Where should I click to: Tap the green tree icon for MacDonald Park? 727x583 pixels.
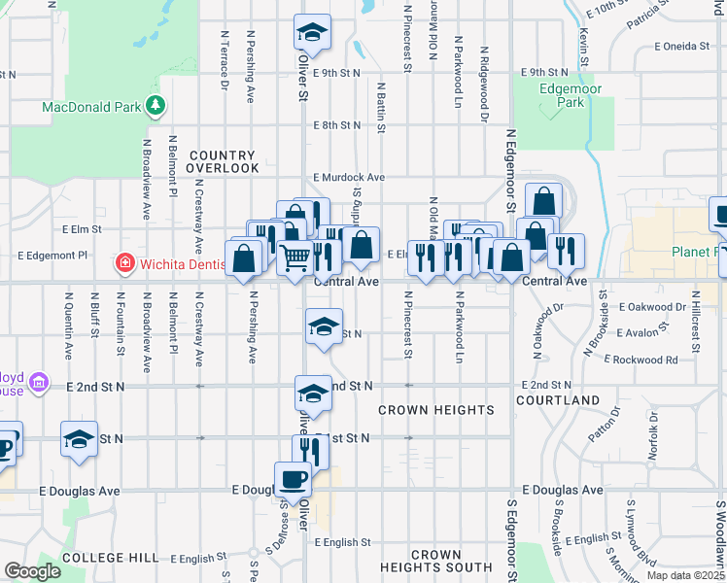155,105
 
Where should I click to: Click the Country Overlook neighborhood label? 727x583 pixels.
223,161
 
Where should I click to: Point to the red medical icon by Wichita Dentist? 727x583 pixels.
123,262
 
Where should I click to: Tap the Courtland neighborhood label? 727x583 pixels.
558,400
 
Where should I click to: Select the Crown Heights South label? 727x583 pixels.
436,561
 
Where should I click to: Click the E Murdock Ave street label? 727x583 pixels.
349,178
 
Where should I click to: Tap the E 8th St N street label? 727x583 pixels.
338,125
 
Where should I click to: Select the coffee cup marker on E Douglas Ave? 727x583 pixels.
294,478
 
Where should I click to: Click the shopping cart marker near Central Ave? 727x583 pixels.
294,258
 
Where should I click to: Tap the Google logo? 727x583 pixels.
32,571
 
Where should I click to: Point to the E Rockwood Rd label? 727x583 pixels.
640,360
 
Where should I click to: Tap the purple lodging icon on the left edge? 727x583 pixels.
39,383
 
